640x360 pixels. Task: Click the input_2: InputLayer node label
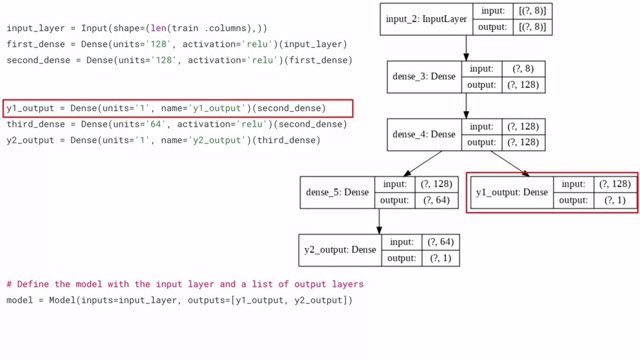pyautogui.click(x=426, y=19)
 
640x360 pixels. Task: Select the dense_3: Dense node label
pyautogui.click(x=424, y=77)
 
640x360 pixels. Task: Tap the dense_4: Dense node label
pyautogui.click(x=424, y=135)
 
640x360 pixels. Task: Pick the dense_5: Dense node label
pyautogui.click(x=337, y=193)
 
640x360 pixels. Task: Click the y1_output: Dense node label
pyautogui.click(x=512, y=193)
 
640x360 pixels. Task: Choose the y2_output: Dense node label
pyautogui.click(x=340, y=250)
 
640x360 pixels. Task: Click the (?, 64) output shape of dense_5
pyautogui.click(x=434, y=201)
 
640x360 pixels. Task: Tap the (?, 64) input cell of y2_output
pyautogui.click(x=440, y=242)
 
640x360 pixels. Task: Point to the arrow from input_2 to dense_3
pyautogui.click(x=466, y=48)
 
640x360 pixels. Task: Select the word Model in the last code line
pyautogui.click(x=63, y=301)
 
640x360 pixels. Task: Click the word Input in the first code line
pyautogui.click(x=95, y=29)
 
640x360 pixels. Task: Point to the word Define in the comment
pyautogui.click(x=33, y=285)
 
